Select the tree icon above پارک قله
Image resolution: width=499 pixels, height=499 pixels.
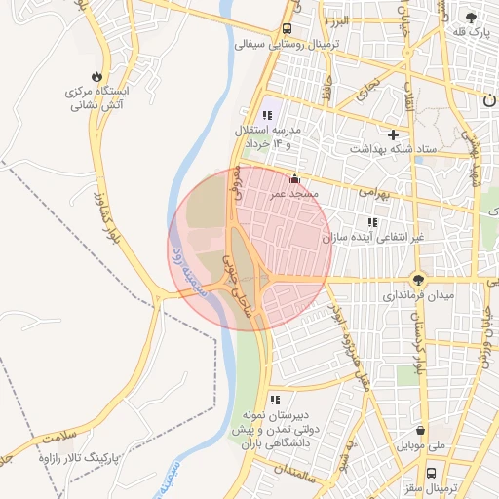[x=472, y=17]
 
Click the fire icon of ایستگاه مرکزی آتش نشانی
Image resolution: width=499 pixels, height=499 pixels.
[x=96, y=76]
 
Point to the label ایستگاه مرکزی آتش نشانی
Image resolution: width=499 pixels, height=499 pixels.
[x=97, y=97]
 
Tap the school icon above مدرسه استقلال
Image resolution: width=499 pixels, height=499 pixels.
[x=267, y=115]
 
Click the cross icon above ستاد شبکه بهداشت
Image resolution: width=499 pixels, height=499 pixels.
[x=393, y=134]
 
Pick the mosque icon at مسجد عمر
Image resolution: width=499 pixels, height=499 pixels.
[x=295, y=178]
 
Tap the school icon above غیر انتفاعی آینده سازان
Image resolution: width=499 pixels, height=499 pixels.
[x=372, y=223]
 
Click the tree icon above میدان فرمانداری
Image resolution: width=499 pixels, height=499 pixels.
[x=419, y=279]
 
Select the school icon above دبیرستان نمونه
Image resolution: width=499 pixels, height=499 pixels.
[x=275, y=399]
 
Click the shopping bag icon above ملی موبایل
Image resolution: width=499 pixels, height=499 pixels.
[x=420, y=430]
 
